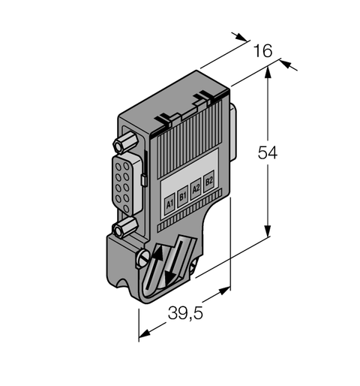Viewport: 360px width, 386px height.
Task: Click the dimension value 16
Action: [x=262, y=51]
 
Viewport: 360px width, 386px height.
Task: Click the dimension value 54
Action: [x=268, y=153]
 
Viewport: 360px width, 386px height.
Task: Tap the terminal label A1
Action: [x=169, y=202]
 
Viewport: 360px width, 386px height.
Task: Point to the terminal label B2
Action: [x=209, y=180]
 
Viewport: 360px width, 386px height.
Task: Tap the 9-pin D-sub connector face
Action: [x=122, y=186]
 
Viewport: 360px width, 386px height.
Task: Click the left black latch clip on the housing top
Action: [x=164, y=118]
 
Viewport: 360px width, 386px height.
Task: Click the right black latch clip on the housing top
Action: [x=200, y=96]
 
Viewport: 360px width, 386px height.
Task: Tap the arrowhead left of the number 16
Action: [x=242, y=38]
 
